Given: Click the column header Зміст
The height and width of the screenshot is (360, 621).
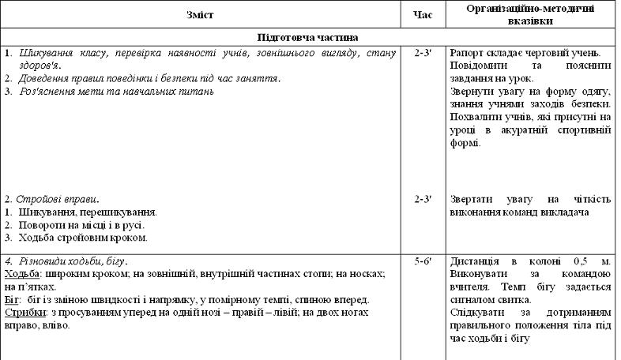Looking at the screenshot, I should pyautogui.click(x=201, y=15).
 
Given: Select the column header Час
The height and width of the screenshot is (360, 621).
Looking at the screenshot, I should pyautogui.click(x=420, y=15).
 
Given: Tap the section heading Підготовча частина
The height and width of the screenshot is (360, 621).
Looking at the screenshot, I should pyautogui.click(x=308, y=37).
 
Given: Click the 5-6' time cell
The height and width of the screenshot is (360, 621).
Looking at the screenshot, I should pyautogui.click(x=421, y=261).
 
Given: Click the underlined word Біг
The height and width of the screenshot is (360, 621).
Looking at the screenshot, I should pyautogui.click(x=13, y=301).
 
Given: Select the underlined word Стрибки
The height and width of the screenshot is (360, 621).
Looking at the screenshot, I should pyautogui.click(x=24, y=313).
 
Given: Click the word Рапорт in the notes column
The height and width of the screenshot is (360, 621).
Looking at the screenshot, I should pyautogui.click(x=467, y=53).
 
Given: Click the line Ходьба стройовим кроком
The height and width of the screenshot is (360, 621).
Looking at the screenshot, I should pyautogui.click(x=81, y=238).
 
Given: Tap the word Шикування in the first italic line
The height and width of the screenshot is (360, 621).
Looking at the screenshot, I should pyautogui.click(x=46, y=53).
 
